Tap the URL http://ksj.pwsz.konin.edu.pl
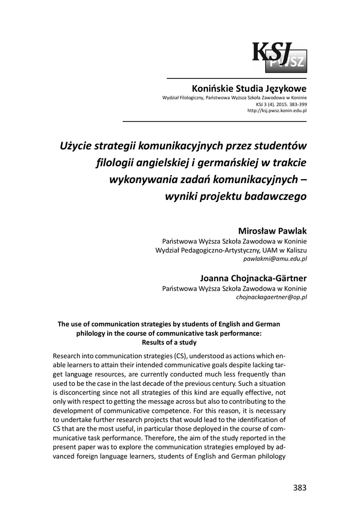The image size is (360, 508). click(277, 111)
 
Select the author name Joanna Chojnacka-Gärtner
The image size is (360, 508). click(253, 278)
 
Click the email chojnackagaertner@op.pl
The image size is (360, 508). click(271, 297)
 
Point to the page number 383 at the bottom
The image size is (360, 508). click(299, 487)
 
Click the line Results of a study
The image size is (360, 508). click(169, 342)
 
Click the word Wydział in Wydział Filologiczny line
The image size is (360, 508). click(171, 99)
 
